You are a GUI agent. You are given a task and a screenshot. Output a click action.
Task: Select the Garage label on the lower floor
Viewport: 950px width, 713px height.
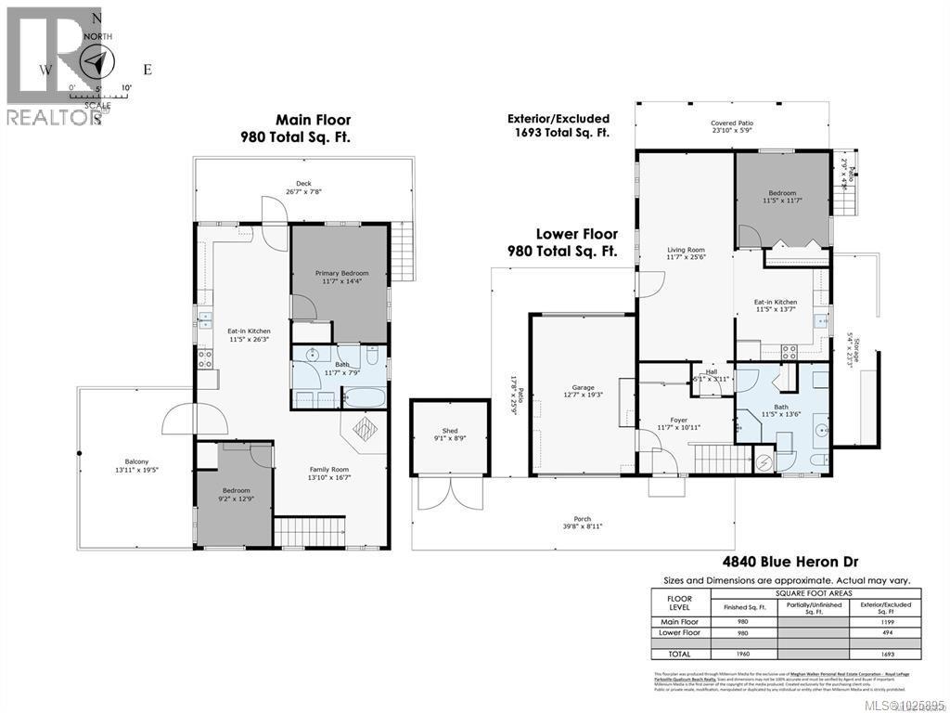(x=583, y=391)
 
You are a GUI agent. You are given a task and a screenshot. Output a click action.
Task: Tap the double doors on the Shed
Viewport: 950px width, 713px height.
(x=437, y=493)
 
